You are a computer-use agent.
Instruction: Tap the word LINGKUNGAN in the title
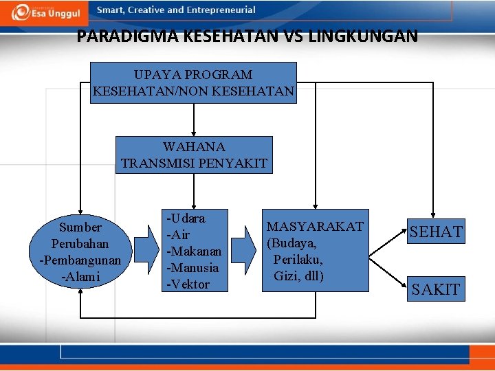coord(369,36)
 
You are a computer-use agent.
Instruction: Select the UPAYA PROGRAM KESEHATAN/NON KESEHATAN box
coord(194,82)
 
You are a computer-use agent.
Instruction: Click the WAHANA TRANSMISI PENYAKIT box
coord(194,155)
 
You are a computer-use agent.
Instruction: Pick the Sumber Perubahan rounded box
coord(80,251)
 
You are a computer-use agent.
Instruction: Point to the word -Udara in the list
coord(186,218)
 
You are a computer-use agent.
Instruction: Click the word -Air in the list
coord(178,234)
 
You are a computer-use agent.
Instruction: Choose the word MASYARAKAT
coord(315,227)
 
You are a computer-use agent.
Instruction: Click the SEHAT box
coord(436,232)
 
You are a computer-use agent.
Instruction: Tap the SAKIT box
coord(435,289)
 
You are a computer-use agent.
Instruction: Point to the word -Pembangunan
coord(80,260)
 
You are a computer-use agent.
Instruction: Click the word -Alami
coord(80,277)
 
